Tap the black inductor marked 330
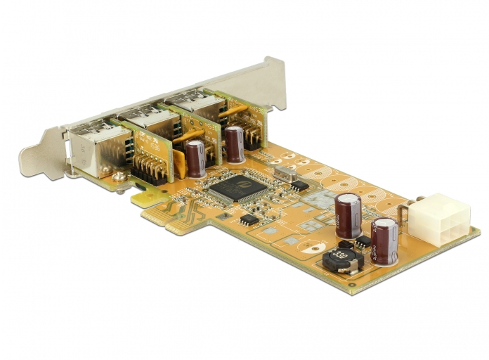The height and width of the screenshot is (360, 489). point(341,259)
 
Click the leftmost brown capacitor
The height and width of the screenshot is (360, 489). point(196,157)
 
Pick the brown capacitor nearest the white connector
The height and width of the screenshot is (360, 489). point(385,240)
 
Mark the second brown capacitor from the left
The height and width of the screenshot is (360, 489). point(235,144)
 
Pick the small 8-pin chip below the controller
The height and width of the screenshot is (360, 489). point(248,219)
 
